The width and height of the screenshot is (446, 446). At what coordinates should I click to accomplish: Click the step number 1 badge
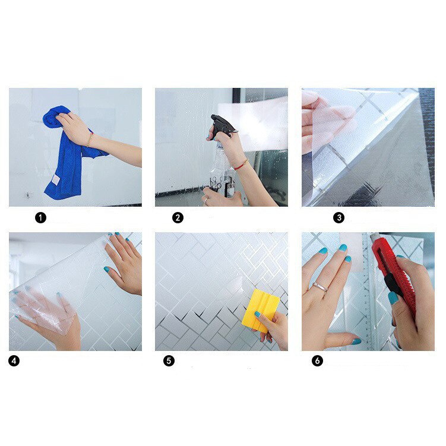40,217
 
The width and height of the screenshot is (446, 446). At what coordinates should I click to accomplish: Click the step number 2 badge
178,217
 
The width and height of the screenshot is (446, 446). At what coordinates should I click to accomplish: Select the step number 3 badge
339,217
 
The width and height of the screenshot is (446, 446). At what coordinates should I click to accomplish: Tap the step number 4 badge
15,360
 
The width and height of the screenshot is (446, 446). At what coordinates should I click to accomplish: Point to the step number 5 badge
169,360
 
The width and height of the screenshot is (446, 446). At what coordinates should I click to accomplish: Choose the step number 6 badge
318,360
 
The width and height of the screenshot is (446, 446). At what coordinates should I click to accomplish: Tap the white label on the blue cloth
55,179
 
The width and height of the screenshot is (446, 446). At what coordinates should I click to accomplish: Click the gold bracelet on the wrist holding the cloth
90,139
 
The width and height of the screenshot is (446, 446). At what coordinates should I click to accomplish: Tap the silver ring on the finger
320,286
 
